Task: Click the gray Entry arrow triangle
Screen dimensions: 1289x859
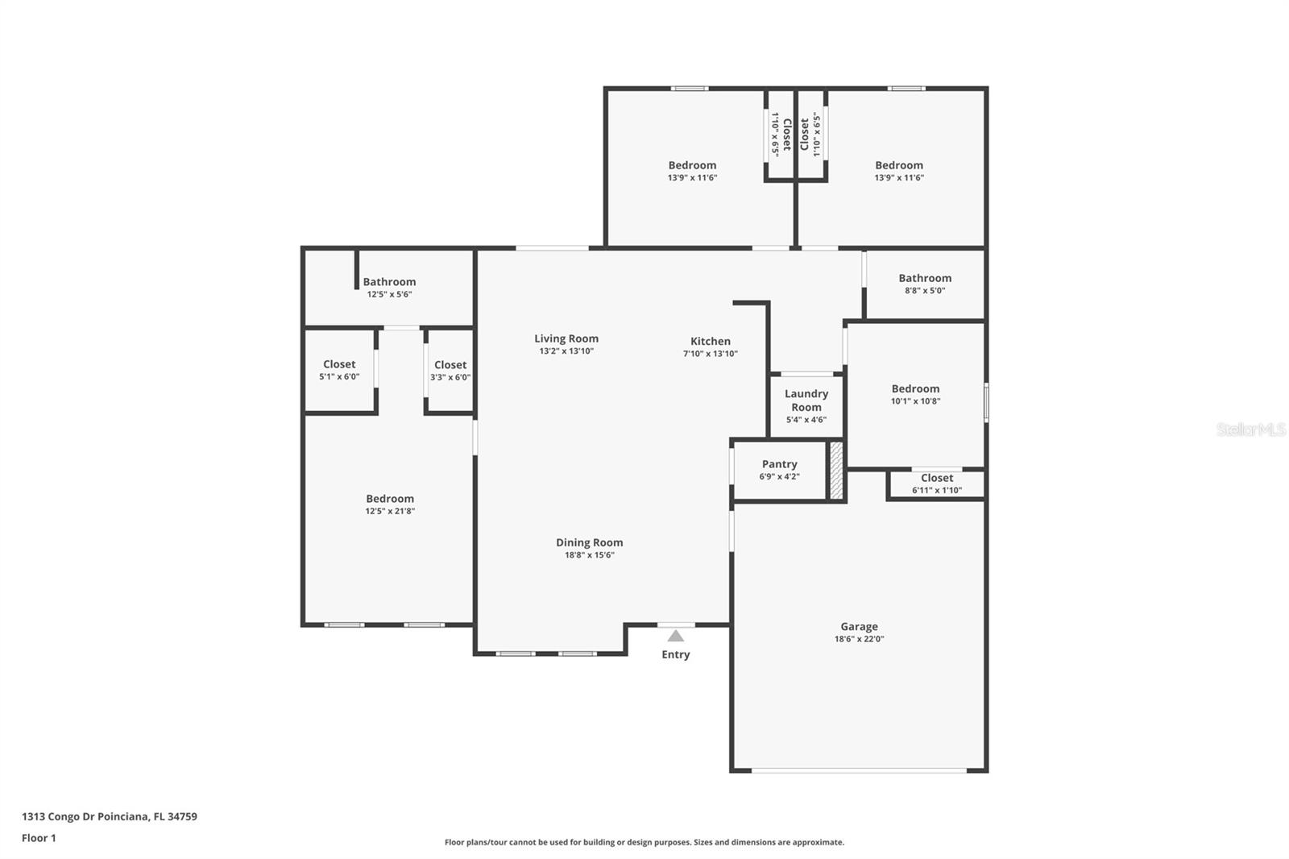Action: tap(676, 636)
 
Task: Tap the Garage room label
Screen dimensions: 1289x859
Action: tap(859, 626)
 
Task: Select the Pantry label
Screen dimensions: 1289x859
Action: tap(780, 464)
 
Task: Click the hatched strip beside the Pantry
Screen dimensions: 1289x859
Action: tap(837, 471)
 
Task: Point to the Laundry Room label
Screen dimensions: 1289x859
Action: tap(806, 400)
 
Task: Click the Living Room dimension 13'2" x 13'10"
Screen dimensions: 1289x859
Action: tap(566, 351)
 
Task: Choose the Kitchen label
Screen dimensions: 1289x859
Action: tap(711, 341)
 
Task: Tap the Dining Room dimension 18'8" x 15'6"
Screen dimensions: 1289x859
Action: tap(589, 555)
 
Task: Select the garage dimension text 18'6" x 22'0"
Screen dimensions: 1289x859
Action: tap(859, 638)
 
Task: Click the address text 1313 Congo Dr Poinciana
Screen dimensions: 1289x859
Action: tap(85, 816)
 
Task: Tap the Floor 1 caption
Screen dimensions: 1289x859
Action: tap(39, 838)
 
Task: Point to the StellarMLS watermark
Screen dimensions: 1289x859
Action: tap(1251, 429)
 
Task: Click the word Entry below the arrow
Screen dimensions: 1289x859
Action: tap(676, 654)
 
